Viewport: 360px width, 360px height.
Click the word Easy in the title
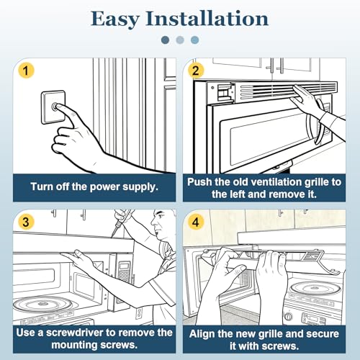pos(115,19)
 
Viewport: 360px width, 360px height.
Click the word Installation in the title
pos(207,18)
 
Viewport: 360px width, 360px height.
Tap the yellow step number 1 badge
pos(26,71)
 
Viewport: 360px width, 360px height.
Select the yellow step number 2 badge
pos(196,71)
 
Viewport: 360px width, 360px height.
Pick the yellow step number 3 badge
pos(26,222)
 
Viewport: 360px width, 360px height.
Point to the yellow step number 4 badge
pos(196,222)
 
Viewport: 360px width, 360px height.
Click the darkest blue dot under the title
pos(166,40)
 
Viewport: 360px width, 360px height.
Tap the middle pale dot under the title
pos(180,40)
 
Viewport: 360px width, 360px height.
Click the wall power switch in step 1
pos(53,107)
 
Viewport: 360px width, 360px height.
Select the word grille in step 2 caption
pos(317,182)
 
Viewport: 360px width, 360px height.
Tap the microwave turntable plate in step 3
pos(42,305)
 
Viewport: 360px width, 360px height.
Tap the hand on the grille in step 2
pos(308,101)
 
